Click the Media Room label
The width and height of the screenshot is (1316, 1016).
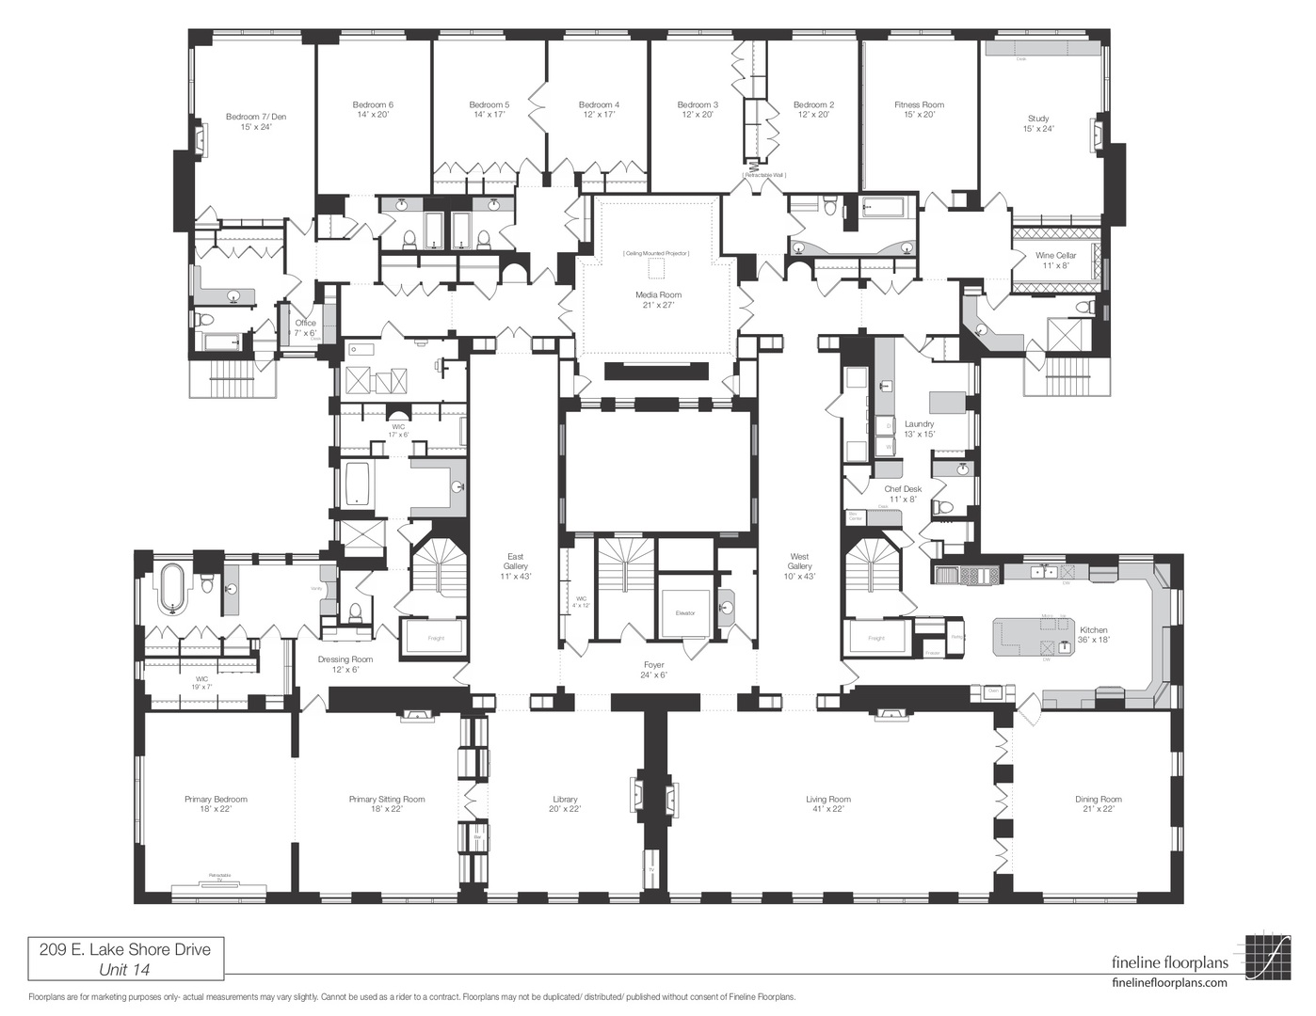point(658,295)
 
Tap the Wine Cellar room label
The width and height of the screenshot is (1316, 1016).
point(1055,256)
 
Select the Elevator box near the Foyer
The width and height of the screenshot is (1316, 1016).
point(684,612)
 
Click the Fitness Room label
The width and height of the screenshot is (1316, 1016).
point(919,105)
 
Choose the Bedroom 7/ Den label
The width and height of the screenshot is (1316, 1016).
point(256,117)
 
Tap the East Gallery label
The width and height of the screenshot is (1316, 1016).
point(515,562)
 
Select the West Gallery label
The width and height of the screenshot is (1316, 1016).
point(799,562)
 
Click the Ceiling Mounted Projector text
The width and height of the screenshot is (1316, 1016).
point(656,254)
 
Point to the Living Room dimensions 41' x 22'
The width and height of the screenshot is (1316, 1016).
point(828,809)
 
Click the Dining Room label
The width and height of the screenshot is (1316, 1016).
point(1099,800)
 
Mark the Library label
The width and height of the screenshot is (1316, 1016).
point(565,800)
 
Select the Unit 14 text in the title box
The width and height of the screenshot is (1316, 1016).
point(124,969)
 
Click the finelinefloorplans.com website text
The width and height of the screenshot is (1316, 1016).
point(1169,982)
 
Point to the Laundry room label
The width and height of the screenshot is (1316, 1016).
point(919,424)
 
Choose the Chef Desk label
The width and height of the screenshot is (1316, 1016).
point(903,489)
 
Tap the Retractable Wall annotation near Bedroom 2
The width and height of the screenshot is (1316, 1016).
point(763,175)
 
